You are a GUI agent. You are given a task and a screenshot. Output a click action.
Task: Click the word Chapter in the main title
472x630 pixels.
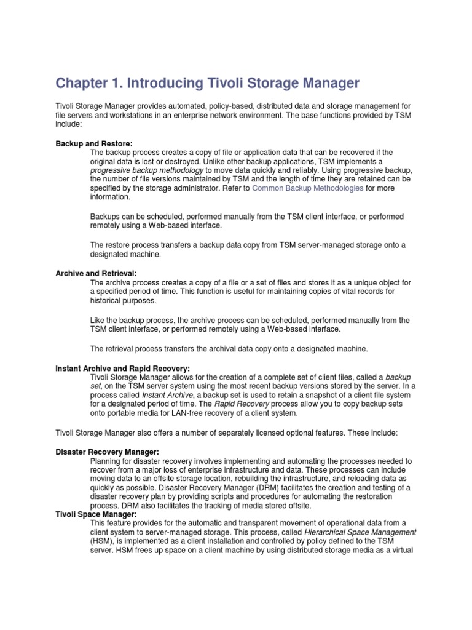tap(82, 82)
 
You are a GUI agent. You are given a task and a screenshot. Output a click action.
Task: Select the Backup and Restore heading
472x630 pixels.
tap(94, 143)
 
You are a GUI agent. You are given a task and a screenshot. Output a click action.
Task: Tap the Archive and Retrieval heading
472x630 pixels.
tap(96, 273)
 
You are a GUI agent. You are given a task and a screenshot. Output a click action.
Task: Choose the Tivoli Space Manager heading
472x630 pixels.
tap(96, 514)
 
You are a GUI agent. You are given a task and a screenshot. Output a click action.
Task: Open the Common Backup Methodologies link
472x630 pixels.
tap(308, 188)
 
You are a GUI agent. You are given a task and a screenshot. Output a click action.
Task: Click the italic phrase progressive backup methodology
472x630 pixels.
tap(146, 170)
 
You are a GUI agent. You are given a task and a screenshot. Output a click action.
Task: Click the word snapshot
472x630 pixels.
tap(299, 395)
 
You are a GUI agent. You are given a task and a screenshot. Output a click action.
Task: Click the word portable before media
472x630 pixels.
tap(120, 413)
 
